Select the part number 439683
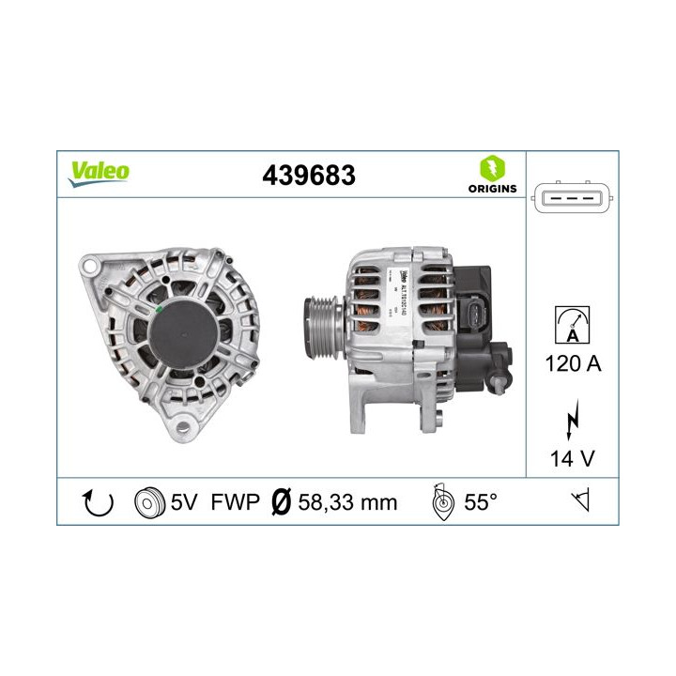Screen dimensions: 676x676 point(310,174)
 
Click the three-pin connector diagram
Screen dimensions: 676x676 point(573,198)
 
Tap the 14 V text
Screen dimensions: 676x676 point(572,460)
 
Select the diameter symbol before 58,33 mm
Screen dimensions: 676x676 point(279,502)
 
